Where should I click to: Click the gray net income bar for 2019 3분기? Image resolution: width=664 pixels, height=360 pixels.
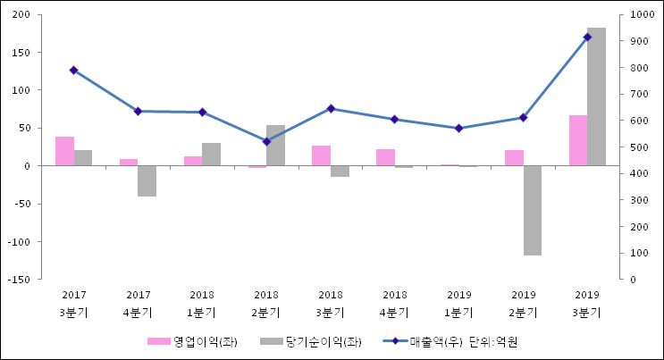(x=596, y=96)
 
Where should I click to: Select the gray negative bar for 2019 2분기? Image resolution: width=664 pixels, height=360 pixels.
(x=532, y=210)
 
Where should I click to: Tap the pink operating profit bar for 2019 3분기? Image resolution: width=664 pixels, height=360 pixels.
(x=578, y=140)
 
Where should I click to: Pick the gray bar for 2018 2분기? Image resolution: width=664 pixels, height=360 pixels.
(x=275, y=146)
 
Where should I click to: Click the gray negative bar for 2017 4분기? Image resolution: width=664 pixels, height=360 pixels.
(x=147, y=180)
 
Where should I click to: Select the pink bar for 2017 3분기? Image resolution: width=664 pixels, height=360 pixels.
(x=64, y=151)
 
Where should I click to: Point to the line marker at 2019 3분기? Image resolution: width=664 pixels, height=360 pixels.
(x=587, y=37)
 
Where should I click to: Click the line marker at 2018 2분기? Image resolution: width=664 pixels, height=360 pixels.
(x=266, y=141)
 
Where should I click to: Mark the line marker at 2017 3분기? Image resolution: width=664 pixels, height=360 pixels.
(x=73, y=70)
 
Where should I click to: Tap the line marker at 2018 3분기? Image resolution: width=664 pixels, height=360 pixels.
(x=331, y=108)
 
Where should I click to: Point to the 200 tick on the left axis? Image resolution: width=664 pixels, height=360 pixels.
(x=22, y=15)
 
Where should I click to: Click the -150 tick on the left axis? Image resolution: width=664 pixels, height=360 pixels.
(x=20, y=280)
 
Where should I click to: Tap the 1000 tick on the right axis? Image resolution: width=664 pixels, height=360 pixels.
(x=641, y=15)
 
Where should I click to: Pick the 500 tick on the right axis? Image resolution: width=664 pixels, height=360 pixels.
(x=638, y=147)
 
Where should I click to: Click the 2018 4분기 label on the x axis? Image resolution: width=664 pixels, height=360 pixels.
(x=395, y=304)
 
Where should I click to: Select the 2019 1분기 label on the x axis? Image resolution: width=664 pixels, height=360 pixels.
(x=459, y=304)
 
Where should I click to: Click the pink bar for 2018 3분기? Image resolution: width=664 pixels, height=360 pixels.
(x=322, y=155)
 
